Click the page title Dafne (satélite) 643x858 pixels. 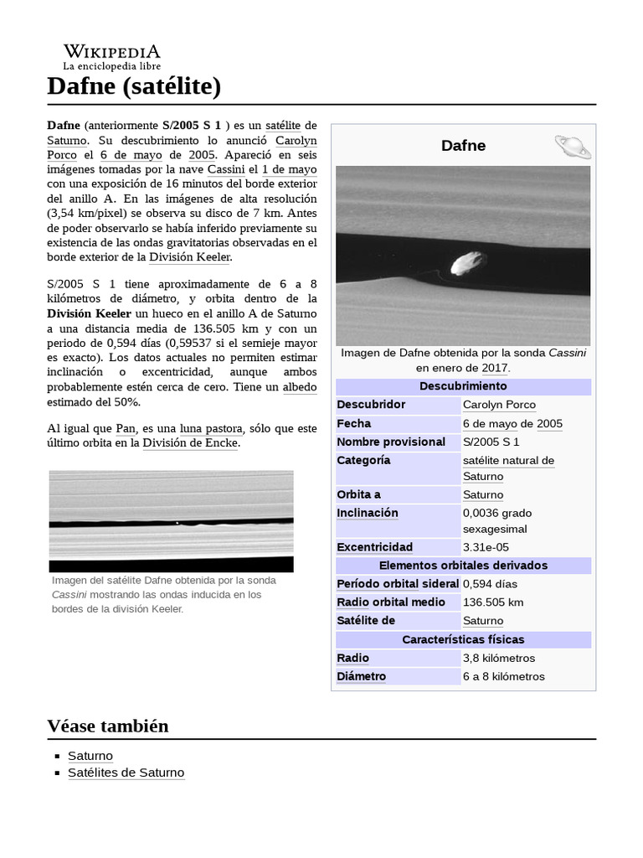tap(134, 85)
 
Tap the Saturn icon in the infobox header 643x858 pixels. tap(573, 147)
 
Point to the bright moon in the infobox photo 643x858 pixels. tap(463, 263)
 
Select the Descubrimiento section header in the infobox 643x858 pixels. tap(463, 386)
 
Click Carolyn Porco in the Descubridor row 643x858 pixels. tap(499, 405)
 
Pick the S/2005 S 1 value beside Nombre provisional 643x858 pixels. tap(491, 442)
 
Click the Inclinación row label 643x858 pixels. tap(368, 513)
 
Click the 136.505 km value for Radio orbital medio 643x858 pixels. tap(493, 602)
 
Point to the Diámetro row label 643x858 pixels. tap(362, 676)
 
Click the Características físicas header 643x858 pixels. tap(463, 639)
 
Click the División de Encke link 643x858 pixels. tap(191, 442)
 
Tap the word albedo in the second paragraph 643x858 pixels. tap(300, 387)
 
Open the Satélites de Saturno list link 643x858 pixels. tap(126, 773)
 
